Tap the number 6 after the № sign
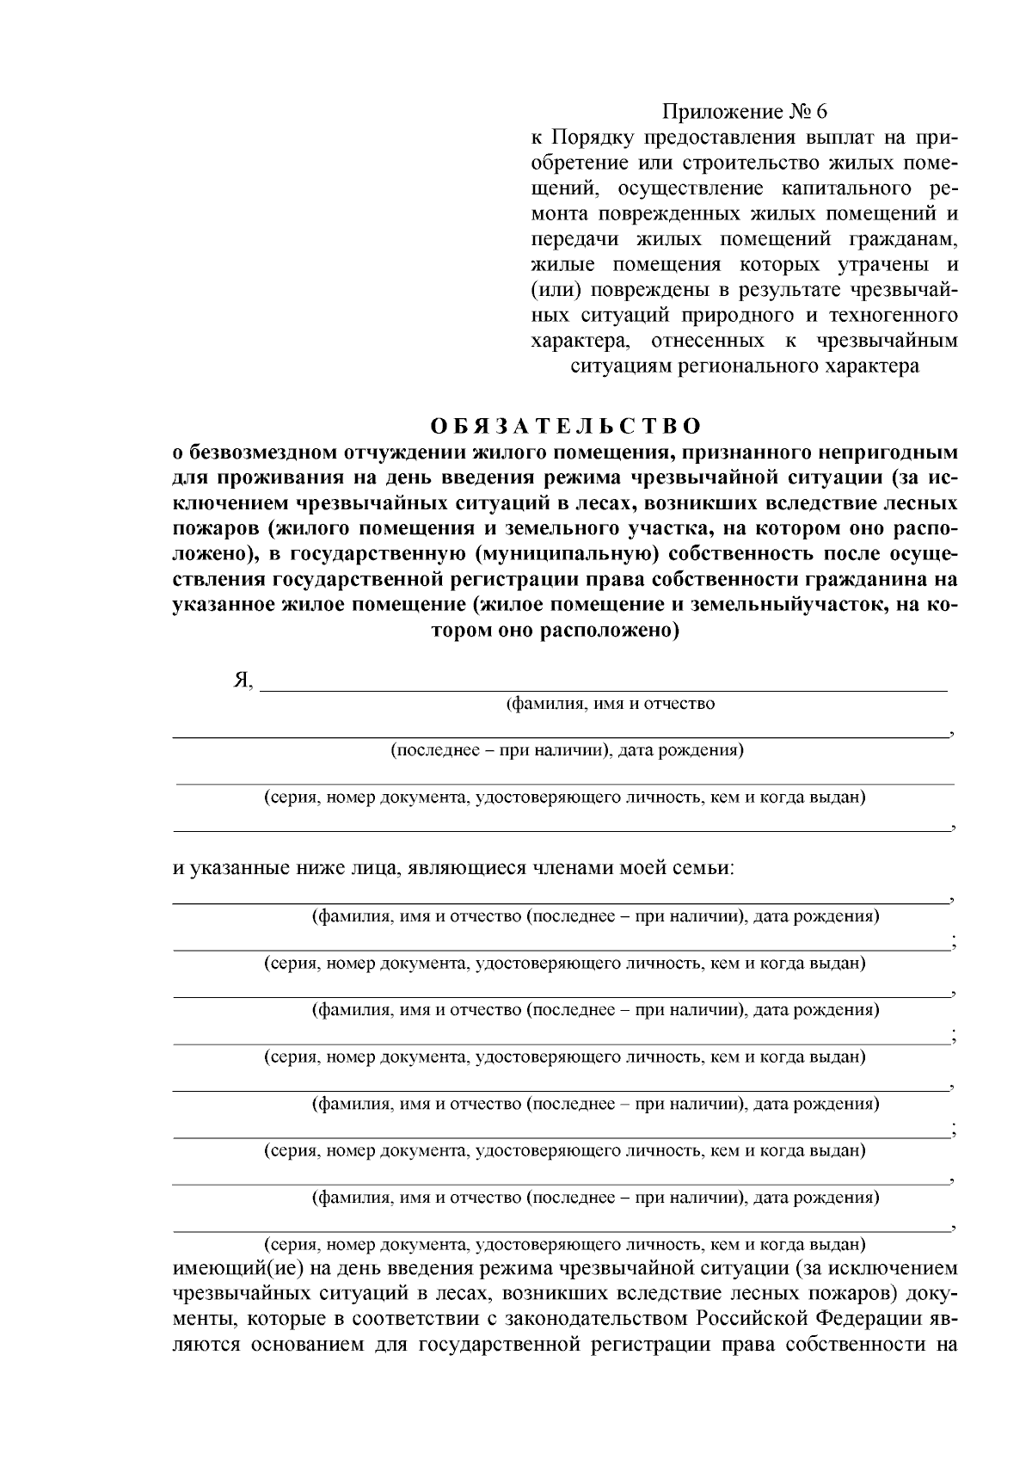tap(820, 112)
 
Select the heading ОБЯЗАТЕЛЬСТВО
tap(565, 427)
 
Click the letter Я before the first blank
tap(241, 681)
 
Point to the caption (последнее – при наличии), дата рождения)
tap(567, 750)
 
